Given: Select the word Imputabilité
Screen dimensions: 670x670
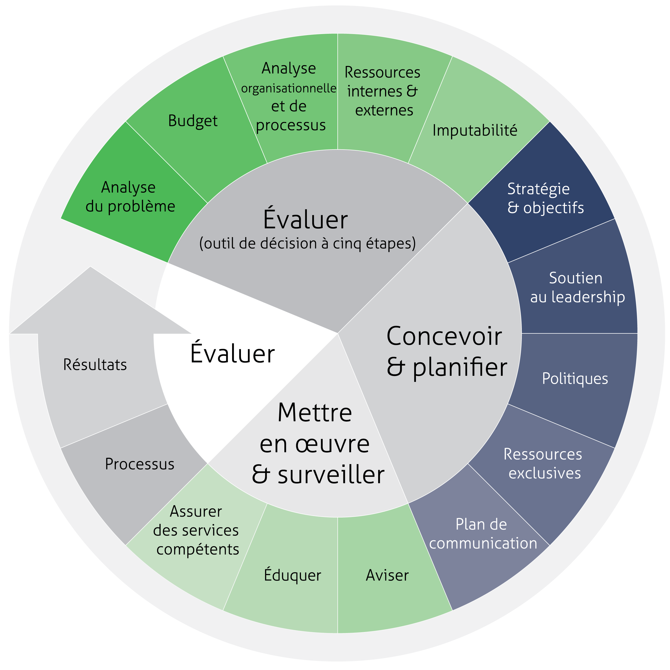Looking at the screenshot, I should pyautogui.click(x=475, y=131).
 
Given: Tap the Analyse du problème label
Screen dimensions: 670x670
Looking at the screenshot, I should pyautogui.click(x=130, y=197).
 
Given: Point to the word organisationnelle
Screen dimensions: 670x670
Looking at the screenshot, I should pyautogui.click(x=289, y=88).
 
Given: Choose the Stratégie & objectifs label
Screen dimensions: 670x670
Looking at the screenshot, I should pyautogui.click(x=545, y=198).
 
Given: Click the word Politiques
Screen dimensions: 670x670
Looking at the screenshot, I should pyautogui.click(x=575, y=379).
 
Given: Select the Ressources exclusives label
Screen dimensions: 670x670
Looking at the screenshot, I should pyautogui.click(x=543, y=463).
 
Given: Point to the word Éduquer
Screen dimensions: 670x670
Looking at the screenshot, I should pyautogui.click(x=292, y=575).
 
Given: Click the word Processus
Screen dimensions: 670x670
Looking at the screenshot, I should pyautogui.click(x=140, y=464).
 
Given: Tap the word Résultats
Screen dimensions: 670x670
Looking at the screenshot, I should pyautogui.click(x=95, y=365).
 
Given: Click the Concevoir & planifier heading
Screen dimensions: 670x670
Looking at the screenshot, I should pyautogui.click(x=446, y=351).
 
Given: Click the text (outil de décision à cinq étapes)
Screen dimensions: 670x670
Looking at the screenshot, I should pyautogui.click(x=307, y=243).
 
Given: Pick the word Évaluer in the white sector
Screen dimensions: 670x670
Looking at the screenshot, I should pyautogui.click(x=232, y=353).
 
